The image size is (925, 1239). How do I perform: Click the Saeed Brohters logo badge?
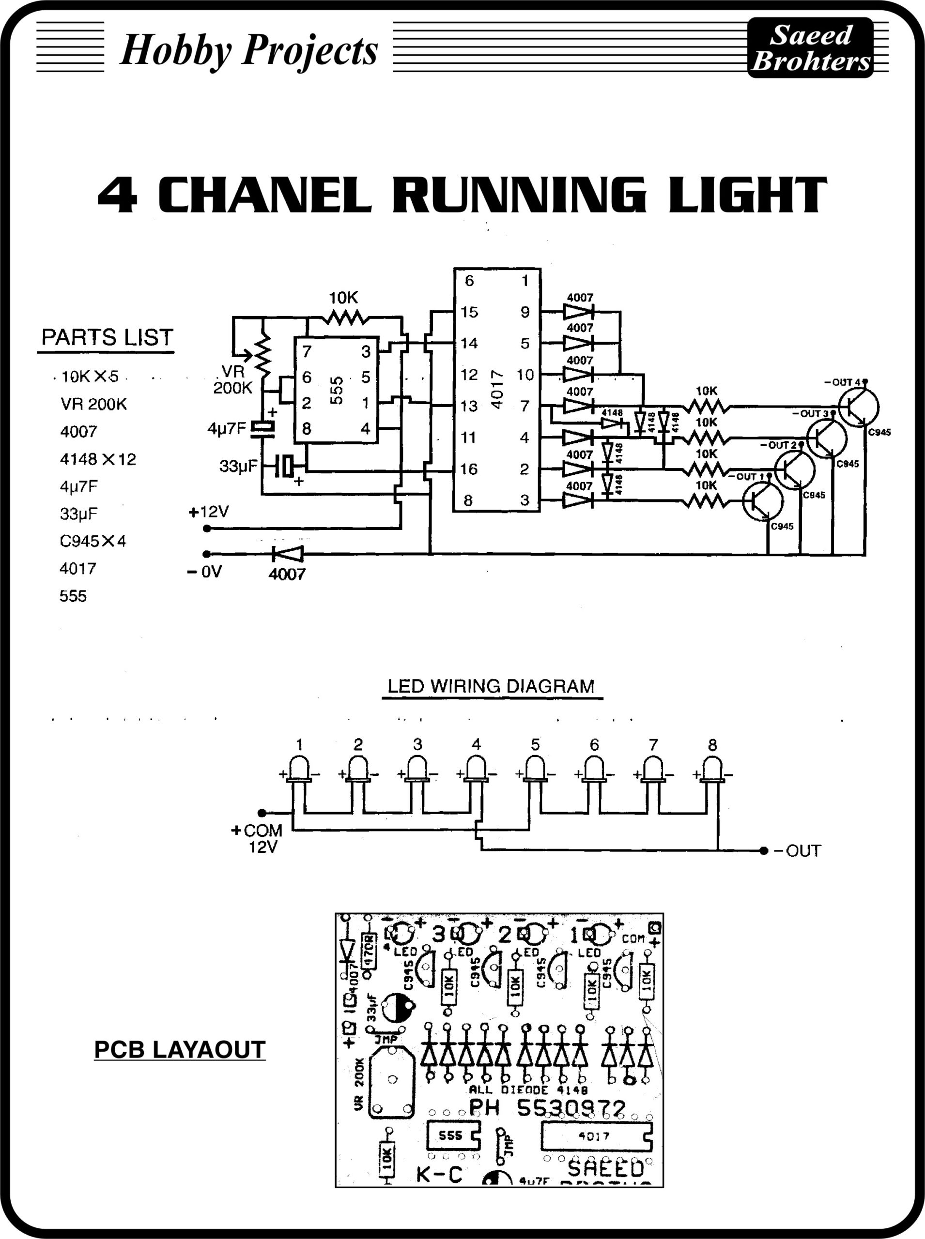pyautogui.click(x=810, y=48)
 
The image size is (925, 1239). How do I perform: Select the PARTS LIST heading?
pyautogui.click(x=107, y=337)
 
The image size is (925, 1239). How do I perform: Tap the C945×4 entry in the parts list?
pyautogui.click(x=93, y=541)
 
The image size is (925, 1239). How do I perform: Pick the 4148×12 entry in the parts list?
pyautogui.click(x=98, y=459)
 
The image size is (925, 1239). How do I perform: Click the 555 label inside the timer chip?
pyautogui.click(x=336, y=390)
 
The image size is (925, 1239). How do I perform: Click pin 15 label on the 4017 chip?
pyautogui.click(x=469, y=312)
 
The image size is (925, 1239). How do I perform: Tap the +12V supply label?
pyautogui.click(x=208, y=512)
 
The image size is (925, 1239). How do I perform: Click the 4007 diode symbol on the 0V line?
pyautogui.click(x=288, y=554)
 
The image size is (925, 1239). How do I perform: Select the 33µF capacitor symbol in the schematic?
pyautogui.click(x=286, y=466)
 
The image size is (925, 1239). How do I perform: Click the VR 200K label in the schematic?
pyautogui.click(x=232, y=379)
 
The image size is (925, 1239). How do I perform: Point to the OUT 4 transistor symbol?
pyautogui.click(x=858, y=407)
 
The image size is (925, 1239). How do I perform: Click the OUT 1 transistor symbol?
pyautogui.click(x=763, y=501)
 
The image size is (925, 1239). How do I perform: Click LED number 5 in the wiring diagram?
pyautogui.click(x=535, y=769)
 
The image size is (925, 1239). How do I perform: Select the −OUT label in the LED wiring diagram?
pyautogui.click(x=797, y=851)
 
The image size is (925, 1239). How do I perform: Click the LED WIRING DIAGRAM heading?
pyautogui.click(x=491, y=686)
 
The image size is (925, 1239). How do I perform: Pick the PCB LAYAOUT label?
pyautogui.click(x=180, y=1050)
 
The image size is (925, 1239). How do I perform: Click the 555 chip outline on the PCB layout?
pyautogui.click(x=454, y=1135)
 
